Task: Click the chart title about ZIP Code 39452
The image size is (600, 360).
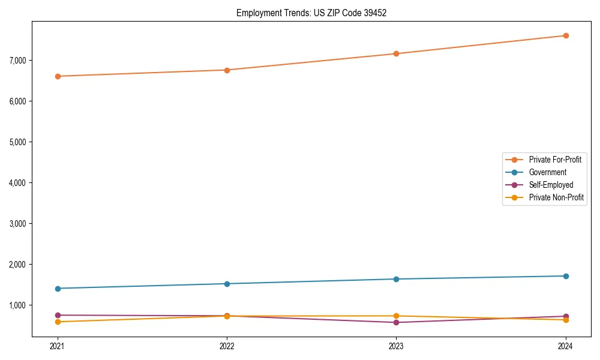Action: [x=311, y=13]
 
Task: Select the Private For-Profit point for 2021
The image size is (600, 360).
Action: [x=58, y=76]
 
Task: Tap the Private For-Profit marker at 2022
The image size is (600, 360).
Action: [x=227, y=70]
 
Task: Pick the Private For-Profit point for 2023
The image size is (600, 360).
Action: [x=397, y=54]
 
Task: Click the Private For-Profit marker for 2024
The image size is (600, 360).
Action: [x=566, y=36]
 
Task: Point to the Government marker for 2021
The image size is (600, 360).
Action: [x=58, y=289]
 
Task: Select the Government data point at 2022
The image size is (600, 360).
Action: [x=227, y=284]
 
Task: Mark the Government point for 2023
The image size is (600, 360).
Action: [x=397, y=279]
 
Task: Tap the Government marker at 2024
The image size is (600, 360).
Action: [x=566, y=276]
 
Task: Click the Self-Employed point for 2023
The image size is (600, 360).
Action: [x=397, y=323]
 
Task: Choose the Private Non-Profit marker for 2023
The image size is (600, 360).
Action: [x=397, y=316]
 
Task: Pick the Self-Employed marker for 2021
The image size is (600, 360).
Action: [x=58, y=315]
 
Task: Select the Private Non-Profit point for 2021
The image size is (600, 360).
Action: [x=58, y=322]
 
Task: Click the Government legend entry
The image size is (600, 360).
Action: [x=547, y=172]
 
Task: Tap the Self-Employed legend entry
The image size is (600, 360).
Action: [x=551, y=185]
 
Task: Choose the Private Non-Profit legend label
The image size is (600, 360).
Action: [x=556, y=197]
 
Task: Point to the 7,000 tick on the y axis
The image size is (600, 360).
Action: [x=18, y=60]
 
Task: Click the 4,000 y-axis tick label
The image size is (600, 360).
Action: [x=18, y=182]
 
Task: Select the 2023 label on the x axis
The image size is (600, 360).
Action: [x=397, y=346]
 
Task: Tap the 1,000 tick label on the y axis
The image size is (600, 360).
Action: [x=18, y=305]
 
